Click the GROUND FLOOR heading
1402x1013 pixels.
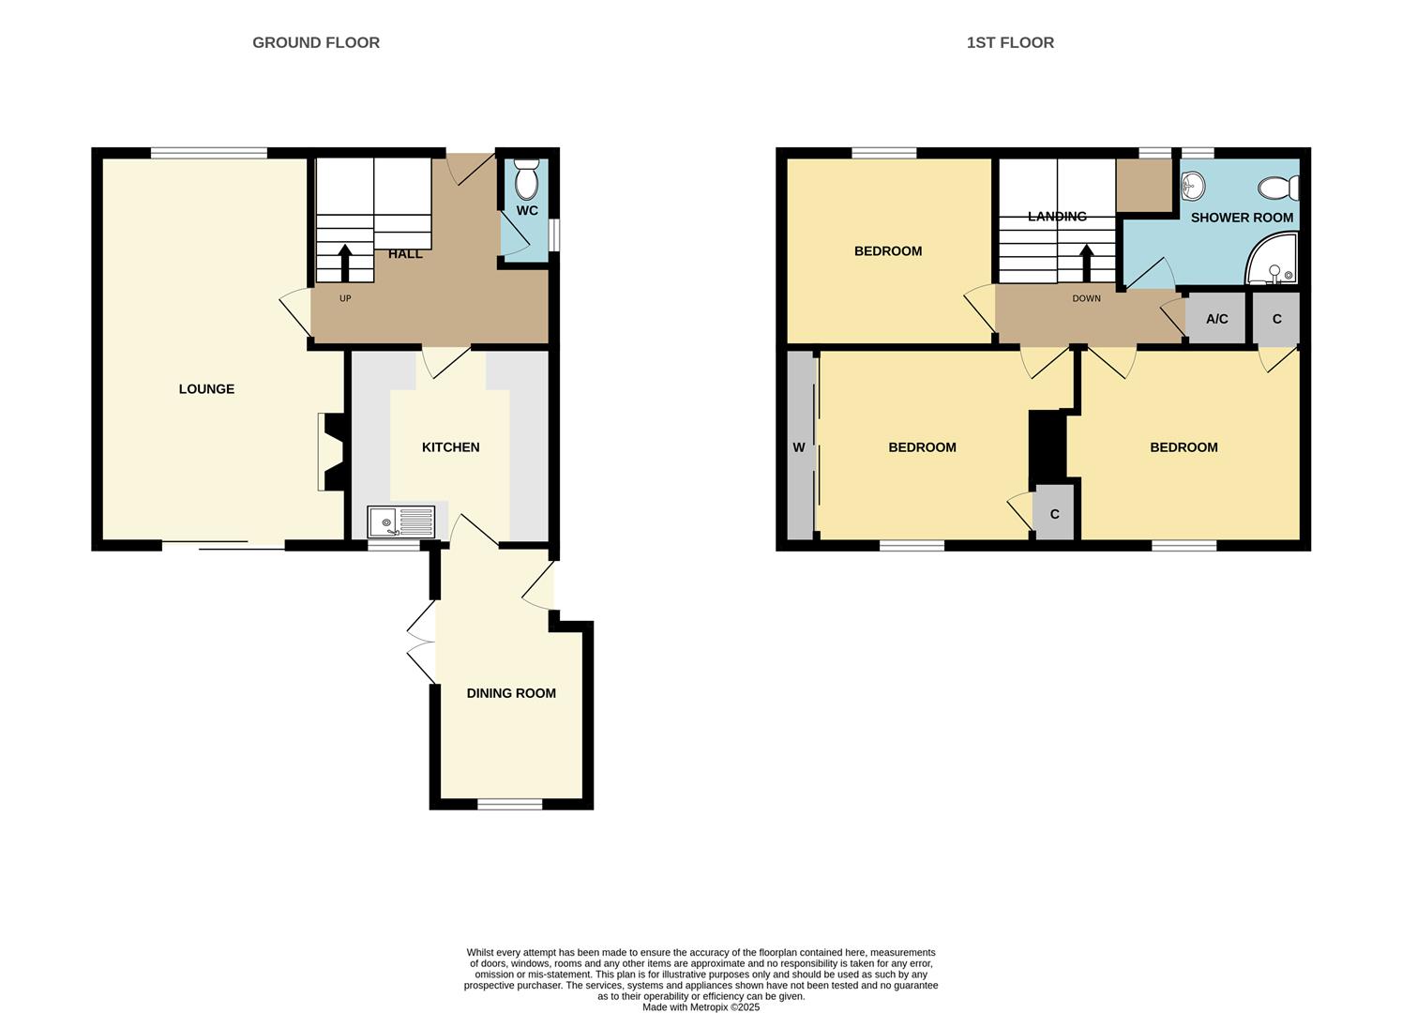pyautogui.click(x=316, y=42)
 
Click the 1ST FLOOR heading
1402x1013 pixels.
pyautogui.click(x=1010, y=42)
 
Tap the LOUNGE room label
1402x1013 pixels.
pyautogui.click(x=206, y=389)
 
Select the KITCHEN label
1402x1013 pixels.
pyautogui.click(x=450, y=447)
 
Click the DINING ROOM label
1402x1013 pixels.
pyautogui.click(x=511, y=693)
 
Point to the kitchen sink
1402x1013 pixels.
pyautogui.click(x=401, y=522)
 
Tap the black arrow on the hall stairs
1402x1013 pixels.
pyautogui.click(x=345, y=262)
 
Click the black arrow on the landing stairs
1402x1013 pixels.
pyautogui.click(x=1087, y=262)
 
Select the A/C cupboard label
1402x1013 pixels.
pyautogui.click(x=1216, y=319)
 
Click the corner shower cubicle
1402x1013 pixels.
pyautogui.click(x=1274, y=262)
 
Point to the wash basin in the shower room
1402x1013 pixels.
pyautogui.click(x=1192, y=186)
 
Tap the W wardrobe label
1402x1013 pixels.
pyautogui.click(x=799, y=447)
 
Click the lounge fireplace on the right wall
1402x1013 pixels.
pyautogui.click(x=333, y=452)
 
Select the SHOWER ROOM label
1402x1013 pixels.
pyautogui.click(x=1242, y=218)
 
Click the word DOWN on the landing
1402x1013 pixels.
pyautogui.click(x=1087, y=298)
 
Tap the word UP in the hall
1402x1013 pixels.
pyautogui.click(x=345, y=298)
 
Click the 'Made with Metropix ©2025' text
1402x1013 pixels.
pyautogui.click(x=701, y=1007)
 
